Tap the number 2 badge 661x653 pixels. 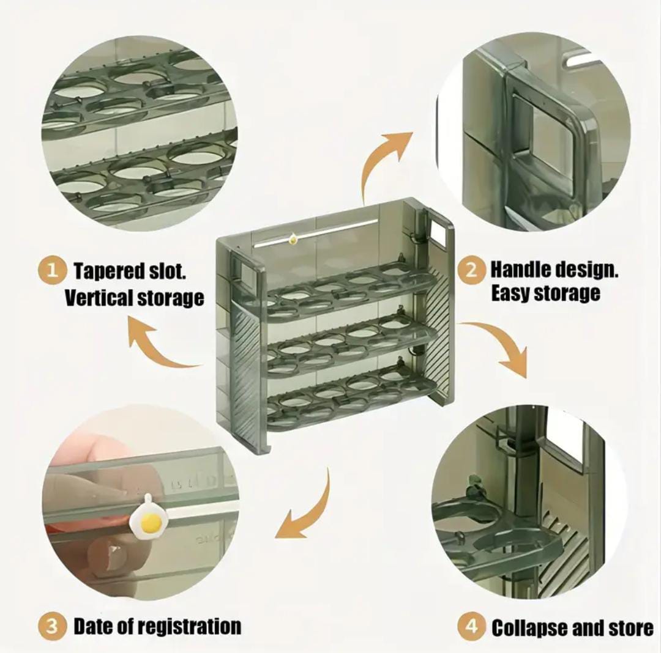tap(471, 270)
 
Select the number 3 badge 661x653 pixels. tap(53, 626)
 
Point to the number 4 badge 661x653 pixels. tap(471, 626)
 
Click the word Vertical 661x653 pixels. tap(98, 298)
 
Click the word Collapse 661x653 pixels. tap(529, 628)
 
